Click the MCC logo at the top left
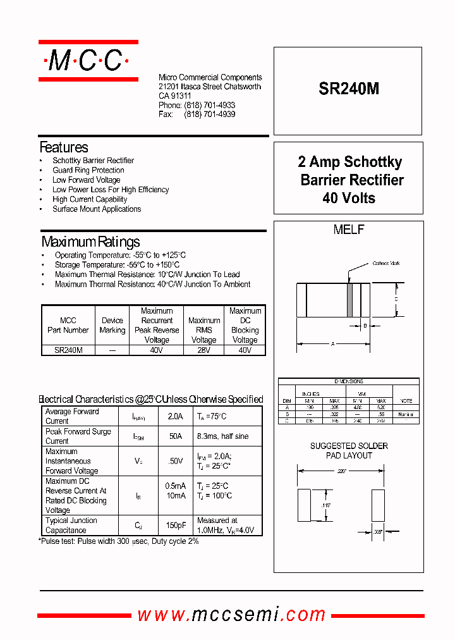pyautogui.click(x=88, y=61)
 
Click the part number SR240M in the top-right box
pyautogui.click(x=349, y=89)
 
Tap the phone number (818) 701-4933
pyautogui.click(x=210, y=105)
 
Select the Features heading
pyautogui.click(x=64, y=147)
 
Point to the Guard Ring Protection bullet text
pyautogui.click(x=88, y=170)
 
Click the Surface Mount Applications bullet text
pyautogui.click(x=97, y=209)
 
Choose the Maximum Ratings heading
pyautogui.click(x=91, y=242)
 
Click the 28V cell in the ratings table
pyautogui.click(x=203, y=350)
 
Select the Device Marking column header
pyautogui.click(x=112, y=325)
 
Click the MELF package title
pyautogui.click(x=349, y=230)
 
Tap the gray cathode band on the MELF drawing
pyautogui.click(x=349, y=300)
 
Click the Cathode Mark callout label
pyautogui.click(x=385, y=263)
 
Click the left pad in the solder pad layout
pyautogui.click(x=304, y=505)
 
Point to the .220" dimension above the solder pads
pyautogui.click(x=342, y=471)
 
